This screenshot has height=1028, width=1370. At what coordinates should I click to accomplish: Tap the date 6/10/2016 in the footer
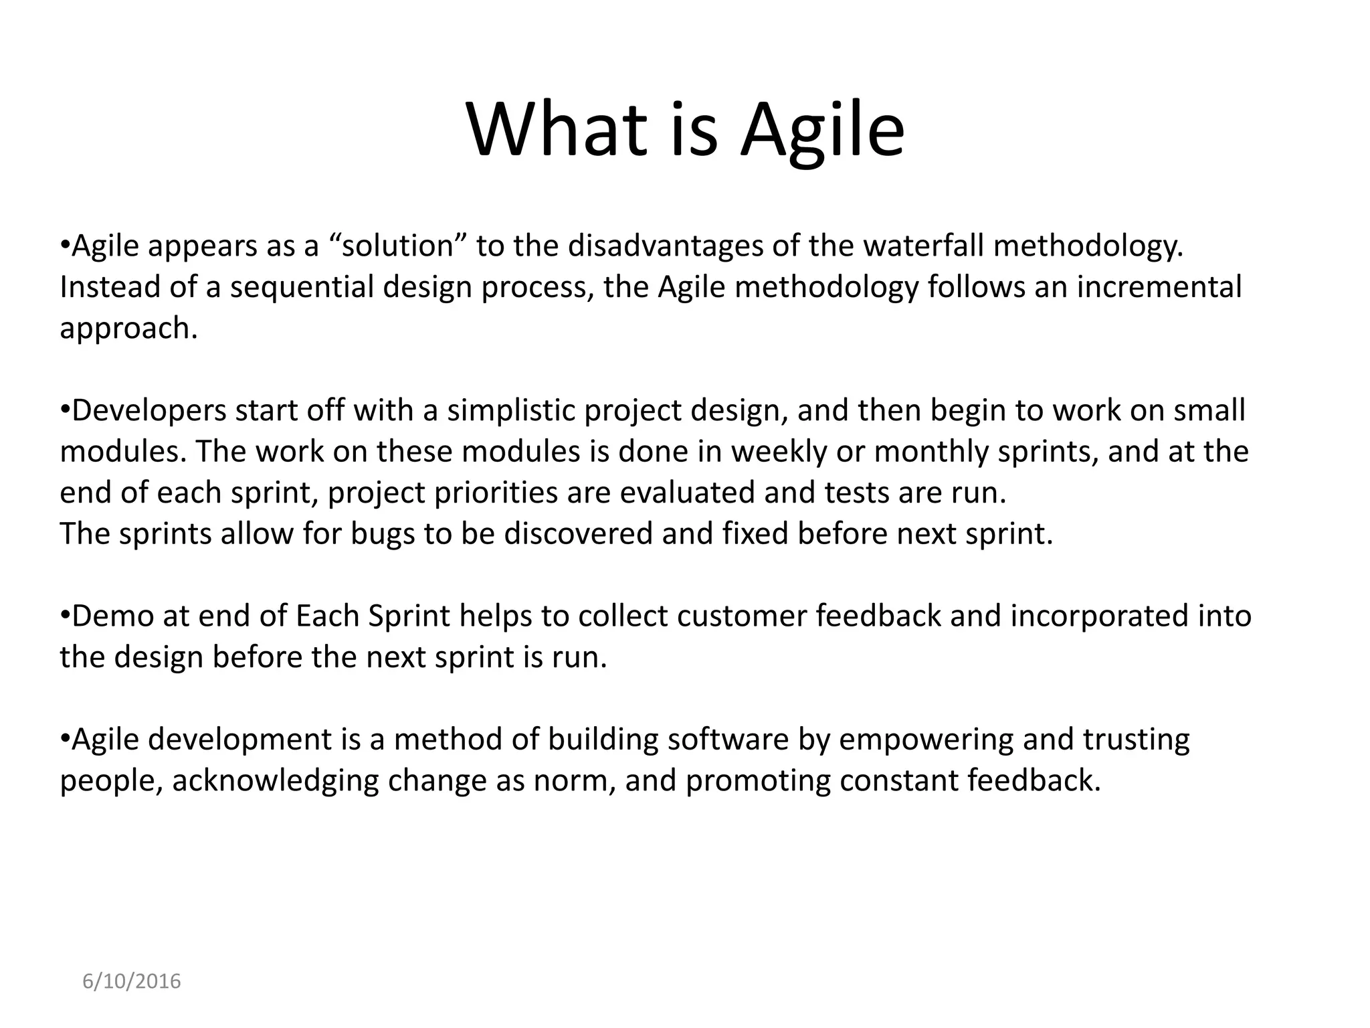pyautogui.click(x=132, y=981)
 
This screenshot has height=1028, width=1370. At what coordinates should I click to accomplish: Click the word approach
pyautogui.click(x=128, y=329)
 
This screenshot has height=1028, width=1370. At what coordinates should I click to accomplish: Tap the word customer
pyautogui.click(x=742, y=616)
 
